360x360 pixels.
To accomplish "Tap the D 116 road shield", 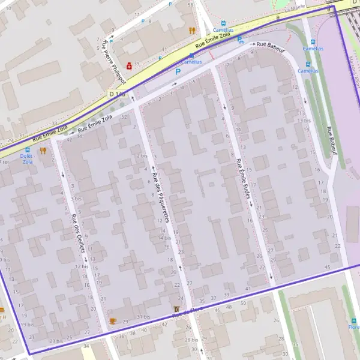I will click(117, 94).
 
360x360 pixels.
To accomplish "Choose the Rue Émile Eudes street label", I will click(244, 179).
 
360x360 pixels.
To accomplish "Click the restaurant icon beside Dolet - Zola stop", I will click(43, 151).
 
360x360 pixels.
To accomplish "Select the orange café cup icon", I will click(112, 321).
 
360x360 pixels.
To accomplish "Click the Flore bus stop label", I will click(353, 327).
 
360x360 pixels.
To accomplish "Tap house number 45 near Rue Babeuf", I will click(327, 267).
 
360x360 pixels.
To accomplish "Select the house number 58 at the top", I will click(190, 5).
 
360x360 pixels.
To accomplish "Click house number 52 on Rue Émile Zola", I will click(124, 117).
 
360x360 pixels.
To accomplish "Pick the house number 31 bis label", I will click(143, 317).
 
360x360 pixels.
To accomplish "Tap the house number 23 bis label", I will click(56, 341).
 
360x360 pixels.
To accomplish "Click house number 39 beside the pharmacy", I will click(137, 64).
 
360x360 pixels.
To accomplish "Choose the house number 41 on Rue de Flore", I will click(248, 289).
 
